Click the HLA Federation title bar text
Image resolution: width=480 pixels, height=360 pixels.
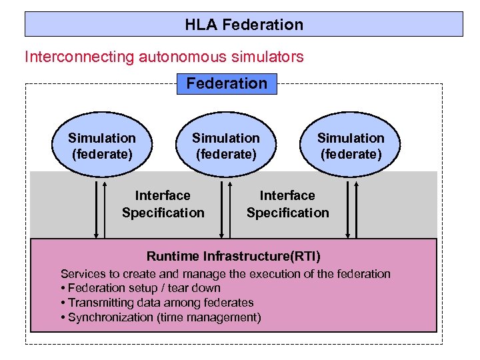[244, 25]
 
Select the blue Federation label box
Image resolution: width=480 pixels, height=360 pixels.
[227, 83]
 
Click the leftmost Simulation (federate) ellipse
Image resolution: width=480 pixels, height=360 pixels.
[102, 146]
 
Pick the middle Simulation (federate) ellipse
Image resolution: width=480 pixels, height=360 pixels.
[226, 146]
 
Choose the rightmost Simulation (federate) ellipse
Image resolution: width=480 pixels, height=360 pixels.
[351, 146]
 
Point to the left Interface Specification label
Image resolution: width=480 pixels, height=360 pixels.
[163, 204]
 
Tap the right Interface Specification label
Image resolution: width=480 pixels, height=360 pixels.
[287, 204]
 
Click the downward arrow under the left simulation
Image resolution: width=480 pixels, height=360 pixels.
[97, 207]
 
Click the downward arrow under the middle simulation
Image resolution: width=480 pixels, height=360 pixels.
[221, 207]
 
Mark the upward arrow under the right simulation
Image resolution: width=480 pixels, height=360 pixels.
[356, 207]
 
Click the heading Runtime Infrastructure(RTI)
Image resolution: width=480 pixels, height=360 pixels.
[233, 256]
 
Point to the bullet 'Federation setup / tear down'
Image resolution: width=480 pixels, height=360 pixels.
[141, 288]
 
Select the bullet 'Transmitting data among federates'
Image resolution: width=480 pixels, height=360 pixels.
[157, 303]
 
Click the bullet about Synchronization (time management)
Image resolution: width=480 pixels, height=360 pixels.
[161, 317]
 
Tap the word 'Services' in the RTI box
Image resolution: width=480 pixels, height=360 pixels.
[82, 274]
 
